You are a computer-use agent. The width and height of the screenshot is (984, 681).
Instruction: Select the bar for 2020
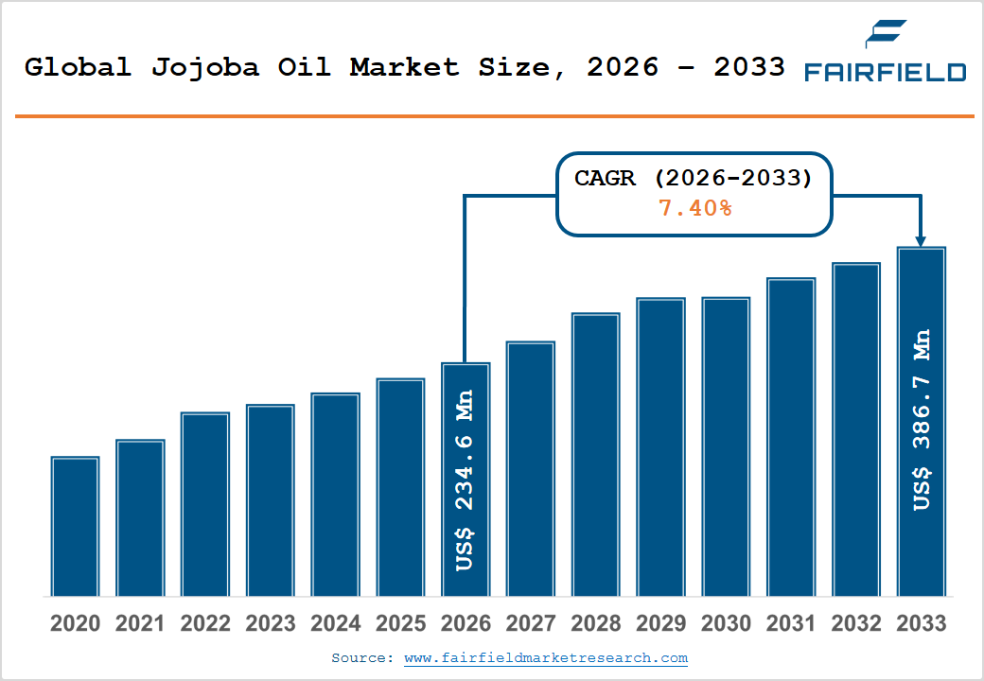click(76, 526)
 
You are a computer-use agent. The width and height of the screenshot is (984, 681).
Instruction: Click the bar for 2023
click(271, 500)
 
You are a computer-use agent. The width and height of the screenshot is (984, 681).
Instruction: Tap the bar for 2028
click(595, 454)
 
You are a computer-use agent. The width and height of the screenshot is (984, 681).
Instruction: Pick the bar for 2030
click(726, 446)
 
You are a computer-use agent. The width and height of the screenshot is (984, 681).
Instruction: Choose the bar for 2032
click(855, 429)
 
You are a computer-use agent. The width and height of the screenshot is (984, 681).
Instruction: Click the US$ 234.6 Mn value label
click(465, 480)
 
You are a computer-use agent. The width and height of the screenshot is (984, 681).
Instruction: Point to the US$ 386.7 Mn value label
click(922, 420)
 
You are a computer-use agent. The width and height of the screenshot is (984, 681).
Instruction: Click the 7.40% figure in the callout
click(694, 208)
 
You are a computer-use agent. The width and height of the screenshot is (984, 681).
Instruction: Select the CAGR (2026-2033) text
click(694, 179)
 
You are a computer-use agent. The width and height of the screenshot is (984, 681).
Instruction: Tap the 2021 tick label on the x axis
click(140, 624)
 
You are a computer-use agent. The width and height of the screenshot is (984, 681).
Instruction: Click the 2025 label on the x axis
click(400, 624)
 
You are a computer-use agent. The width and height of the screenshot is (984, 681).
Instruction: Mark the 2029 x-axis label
click(660, 624)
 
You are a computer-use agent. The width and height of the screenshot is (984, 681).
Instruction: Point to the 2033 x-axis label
click(921, 624)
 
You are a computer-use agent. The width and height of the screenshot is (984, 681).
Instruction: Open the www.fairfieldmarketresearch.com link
click(546, 657)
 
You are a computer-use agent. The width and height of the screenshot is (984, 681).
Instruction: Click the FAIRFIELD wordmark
click(885, 73)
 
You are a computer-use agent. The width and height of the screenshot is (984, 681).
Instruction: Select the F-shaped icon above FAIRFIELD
click(886, 34)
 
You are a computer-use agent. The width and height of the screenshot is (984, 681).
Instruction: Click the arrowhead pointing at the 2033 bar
click(922, 241)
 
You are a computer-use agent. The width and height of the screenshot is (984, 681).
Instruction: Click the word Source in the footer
click(360, 657)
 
